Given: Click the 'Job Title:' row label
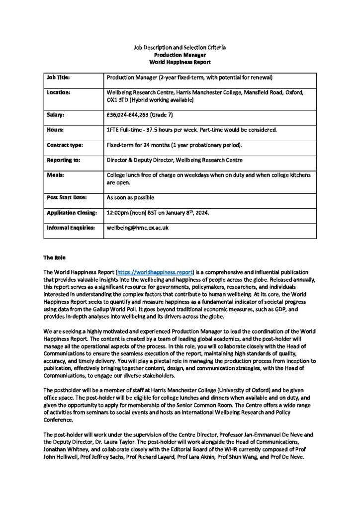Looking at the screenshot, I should click(58, 78).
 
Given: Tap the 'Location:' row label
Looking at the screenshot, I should click(59, 92).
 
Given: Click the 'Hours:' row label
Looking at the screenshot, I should click(55, 130).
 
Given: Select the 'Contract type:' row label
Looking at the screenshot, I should click(65, 145).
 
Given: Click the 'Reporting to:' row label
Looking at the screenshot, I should click(63, 161).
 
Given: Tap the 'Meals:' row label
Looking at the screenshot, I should click(55, 175).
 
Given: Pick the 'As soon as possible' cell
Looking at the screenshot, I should click(130, 197).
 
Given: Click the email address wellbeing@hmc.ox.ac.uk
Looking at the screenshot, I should click(138, 228).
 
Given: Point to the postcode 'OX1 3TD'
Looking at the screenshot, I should click(118, 100).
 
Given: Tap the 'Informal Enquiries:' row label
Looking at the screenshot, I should click(71, 228).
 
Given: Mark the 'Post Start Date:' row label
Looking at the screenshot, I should click(67, 197).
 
